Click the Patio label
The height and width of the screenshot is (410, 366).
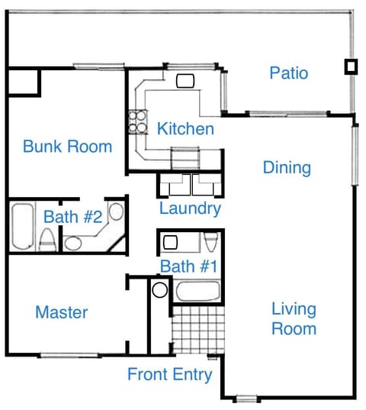point(289,73)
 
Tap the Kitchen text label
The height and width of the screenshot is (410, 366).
point(185,128)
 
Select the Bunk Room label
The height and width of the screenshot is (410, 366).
point(67,146)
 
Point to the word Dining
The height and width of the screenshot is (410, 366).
point(287,167)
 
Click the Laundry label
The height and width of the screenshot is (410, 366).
point(190,208)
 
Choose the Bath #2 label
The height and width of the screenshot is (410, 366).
point(72,217)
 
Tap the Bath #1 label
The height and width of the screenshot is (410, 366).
point(189,266)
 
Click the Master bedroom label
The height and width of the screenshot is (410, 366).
point(62,312)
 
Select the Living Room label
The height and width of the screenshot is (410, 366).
point(294,319)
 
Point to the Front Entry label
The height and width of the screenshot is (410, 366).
point(169,375)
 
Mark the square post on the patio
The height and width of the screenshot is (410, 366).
point(350,66)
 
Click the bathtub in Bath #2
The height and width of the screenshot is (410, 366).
point(23,227)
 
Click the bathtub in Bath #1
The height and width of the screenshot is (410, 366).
point(198,291)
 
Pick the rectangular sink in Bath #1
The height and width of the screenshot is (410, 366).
point(171,243)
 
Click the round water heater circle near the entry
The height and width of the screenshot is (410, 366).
point(159,290)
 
